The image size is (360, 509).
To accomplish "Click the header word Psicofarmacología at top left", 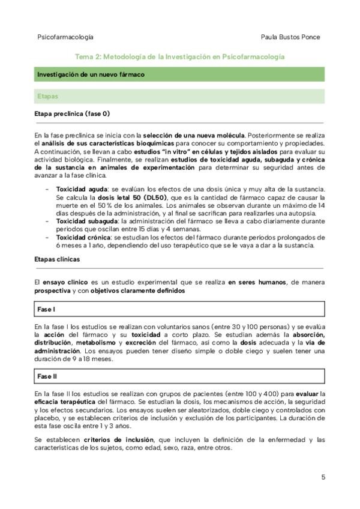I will click(65, 37).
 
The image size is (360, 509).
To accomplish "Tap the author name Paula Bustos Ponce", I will click(290, 37).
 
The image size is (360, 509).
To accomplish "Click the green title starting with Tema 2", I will click(179, 56).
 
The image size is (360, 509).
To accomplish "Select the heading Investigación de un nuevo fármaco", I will click(90, 75).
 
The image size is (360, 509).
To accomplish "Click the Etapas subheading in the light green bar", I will click(47, 95).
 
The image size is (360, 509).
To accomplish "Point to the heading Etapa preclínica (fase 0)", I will click(73, 113).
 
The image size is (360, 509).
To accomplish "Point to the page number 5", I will click(323, 477).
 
